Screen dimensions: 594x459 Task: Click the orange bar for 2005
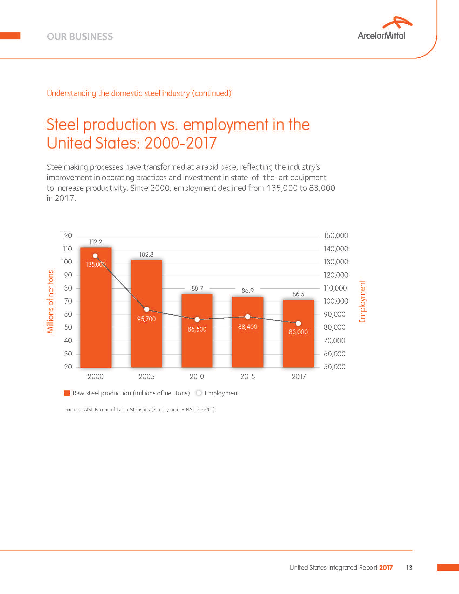coord(147,340)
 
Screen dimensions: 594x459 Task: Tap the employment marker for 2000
coord(95,256)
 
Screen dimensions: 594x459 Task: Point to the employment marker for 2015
coord(248,317)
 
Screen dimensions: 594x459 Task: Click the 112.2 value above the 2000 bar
coord(96,242)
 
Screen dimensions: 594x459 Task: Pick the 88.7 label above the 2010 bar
coord(197,288)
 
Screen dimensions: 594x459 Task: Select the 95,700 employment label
coord(146,319)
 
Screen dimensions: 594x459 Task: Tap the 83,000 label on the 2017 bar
coord(298,332)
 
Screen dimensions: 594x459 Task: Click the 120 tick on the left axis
coord(67,235)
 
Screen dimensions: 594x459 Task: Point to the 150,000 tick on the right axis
coord(336,235)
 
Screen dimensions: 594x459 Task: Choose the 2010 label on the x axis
coord(197,376)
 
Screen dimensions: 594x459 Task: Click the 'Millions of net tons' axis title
coord(50,301)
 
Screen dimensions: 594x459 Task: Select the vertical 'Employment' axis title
coord(362,301)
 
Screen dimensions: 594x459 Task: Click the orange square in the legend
coord(67,393)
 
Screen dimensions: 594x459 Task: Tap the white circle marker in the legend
coord(199,393)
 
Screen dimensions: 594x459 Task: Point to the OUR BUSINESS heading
coord(80,37)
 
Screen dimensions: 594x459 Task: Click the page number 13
coord(409,568)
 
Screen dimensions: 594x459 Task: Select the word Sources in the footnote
coord(73,410)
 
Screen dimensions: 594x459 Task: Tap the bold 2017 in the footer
coord(386,568)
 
